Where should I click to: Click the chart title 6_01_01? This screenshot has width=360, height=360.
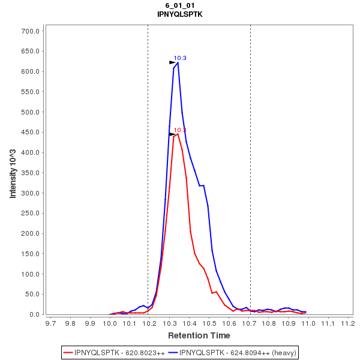pyautogui.click(x=180, y=5)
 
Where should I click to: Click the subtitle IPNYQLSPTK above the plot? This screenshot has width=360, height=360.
pyautogui.click(x=180, y=14)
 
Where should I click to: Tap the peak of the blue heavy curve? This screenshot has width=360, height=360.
pyautogui.click(x=178, y=62)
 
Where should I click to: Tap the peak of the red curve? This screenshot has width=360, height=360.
pyautogui.click(x=178, y=134)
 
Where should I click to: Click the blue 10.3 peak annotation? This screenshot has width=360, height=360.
pyautogui.click(x=180, y=58)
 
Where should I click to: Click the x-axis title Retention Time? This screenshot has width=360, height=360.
pyautogui.click(x=199, y=335)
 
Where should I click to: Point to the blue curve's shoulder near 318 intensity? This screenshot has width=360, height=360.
pyautogui.click(x=202, y=185)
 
